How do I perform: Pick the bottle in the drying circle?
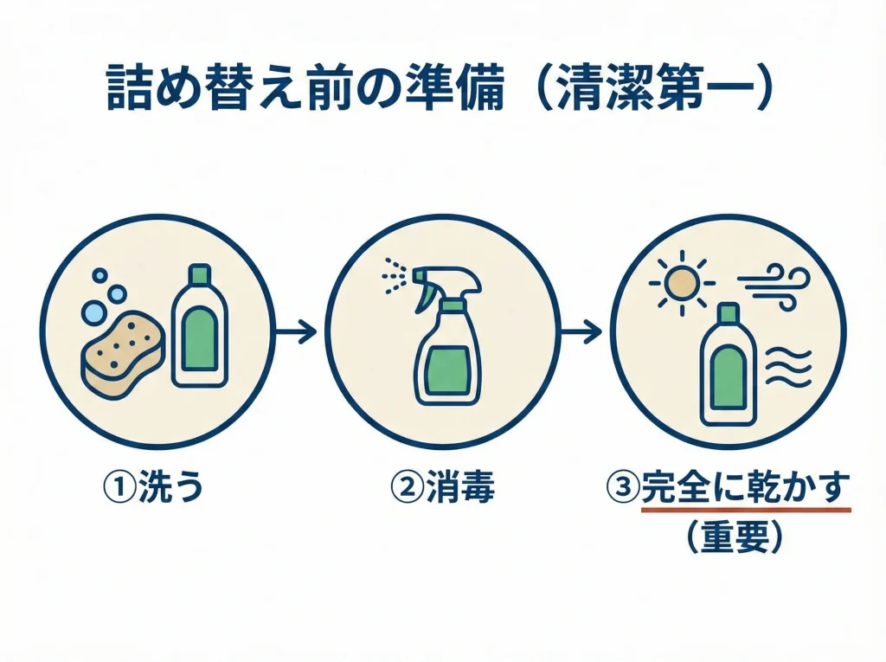(728, 364)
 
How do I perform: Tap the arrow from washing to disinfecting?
(296, 331)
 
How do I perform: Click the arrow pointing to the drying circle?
(580, 331)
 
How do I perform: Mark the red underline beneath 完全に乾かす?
(746, 511)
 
